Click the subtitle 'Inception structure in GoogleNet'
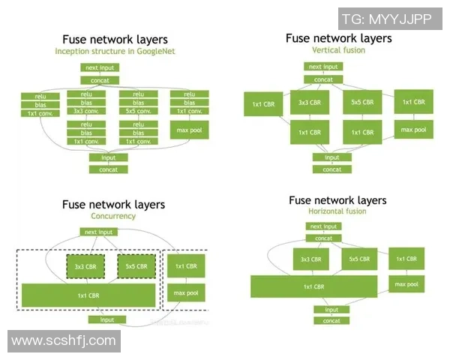tap(114, 51)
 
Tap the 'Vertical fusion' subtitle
tap(338, 49)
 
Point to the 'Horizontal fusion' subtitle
tap(339, 211)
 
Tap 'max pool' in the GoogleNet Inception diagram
tap(190, 130)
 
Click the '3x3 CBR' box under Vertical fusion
tap(310, 102)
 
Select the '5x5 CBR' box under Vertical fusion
tap(362, 102)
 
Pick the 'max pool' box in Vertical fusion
tap(413, 130)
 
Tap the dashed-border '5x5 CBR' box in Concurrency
tap(136, 266)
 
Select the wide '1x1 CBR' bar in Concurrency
tap(88, 295)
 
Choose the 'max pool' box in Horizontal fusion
tap(406, 284)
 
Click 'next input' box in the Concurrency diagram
tap(99, 232)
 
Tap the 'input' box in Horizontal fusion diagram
tap(331, 309)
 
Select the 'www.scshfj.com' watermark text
tap(64, 341)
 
